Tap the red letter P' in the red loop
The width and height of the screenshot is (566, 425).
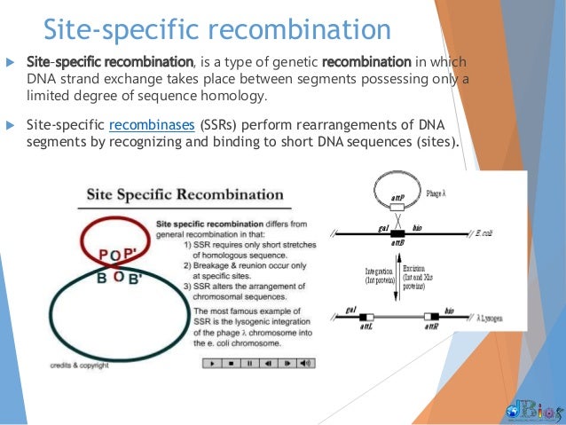click(x=134, y=256)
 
